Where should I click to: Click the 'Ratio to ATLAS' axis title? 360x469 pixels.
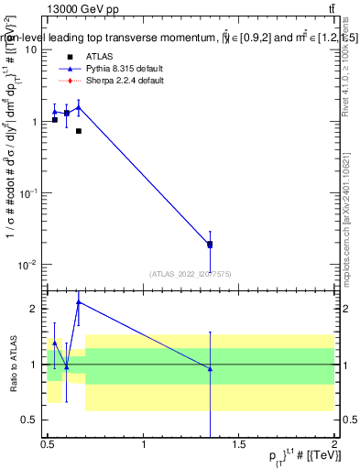[x=14, y=363]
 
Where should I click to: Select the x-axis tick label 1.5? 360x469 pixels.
[x=239, y=447]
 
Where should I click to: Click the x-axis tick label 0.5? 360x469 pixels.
[x=49, y=447]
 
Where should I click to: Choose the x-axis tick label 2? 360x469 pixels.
[x=334, y=447]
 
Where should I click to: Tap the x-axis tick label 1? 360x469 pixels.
[x=144, y=447]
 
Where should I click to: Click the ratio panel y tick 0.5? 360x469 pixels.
[x=32, y=420]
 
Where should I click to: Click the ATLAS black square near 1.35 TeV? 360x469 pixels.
[x=211, y=245]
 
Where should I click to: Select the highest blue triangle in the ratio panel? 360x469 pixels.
[x=79, y=301]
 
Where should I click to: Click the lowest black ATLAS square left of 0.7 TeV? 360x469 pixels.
[x=79, y=131]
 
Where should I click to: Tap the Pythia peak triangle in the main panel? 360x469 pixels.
[x=79, y=106]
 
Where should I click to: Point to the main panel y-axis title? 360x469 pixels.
[x=13, y=165]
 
